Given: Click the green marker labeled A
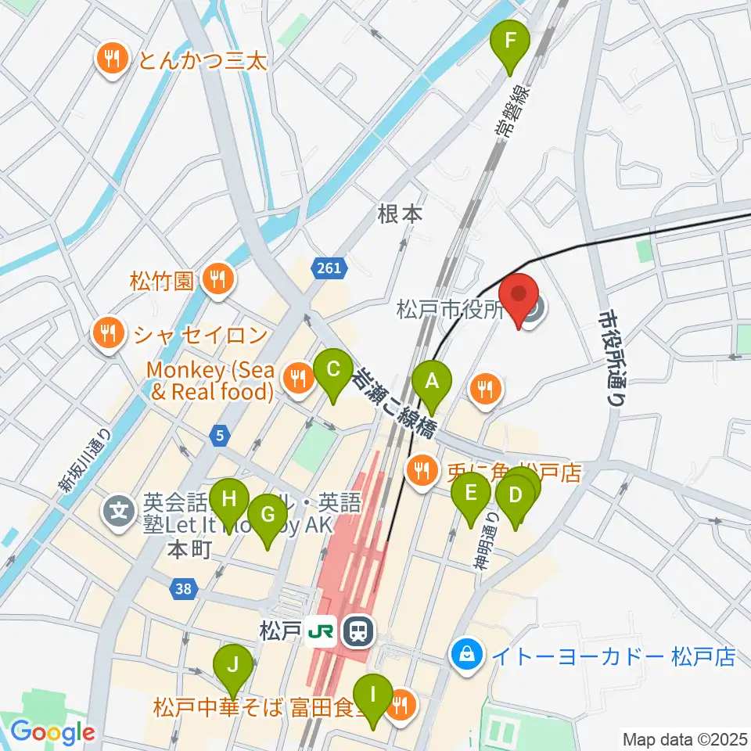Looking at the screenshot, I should (432, 382).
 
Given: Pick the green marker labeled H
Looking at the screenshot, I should (228, 498).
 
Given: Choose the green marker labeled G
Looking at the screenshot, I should (267, 515).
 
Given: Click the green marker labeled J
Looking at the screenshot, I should (232, 664).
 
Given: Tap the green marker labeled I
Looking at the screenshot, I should (373, 694).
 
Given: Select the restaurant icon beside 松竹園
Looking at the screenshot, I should (214, 279).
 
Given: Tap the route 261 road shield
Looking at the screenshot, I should (329, 269).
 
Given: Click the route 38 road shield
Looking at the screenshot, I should (182, 589).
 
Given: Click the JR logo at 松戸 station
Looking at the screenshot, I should (322, 630).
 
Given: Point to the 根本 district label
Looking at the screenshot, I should (400, 214).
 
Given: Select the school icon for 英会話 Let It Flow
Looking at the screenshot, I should (119, 514).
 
